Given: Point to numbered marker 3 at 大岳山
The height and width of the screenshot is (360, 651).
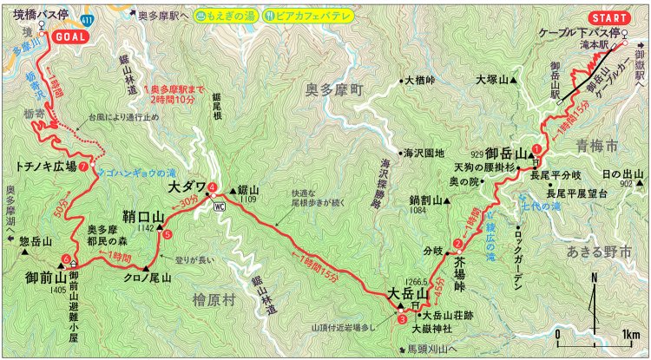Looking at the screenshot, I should coord(401,319).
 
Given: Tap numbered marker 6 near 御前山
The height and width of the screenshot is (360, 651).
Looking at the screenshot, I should coord(66,259).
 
